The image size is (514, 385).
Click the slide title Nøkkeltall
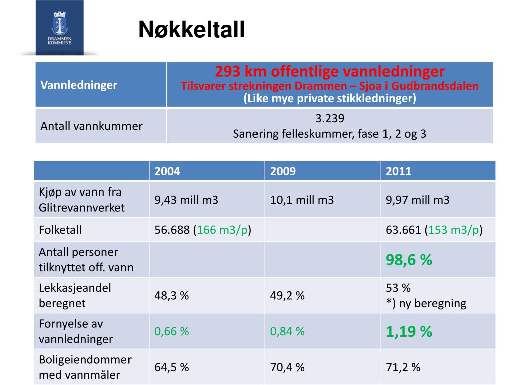click(x=191, y=30)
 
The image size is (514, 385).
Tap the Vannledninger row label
click(x=79, y=85)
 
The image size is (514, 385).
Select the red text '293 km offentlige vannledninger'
click(x=330, y=71)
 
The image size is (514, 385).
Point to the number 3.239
click(x=330, y=119)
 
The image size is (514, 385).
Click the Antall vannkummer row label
click(x=91, y=126)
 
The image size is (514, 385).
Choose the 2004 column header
click(x=167, y=171)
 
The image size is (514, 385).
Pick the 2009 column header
click(x=283, y=171)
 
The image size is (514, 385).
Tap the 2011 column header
click(x=398, y=171)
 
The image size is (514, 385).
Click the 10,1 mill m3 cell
click(x=302, y=200)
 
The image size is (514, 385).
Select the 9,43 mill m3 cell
click(x=186, y=200)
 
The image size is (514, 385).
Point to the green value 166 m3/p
click(x=222, y=230)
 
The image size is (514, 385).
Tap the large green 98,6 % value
click(x=409, y=260)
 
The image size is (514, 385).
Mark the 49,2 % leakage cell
click(x=287, y=295)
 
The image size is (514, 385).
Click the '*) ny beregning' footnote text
click(x=426, y=303)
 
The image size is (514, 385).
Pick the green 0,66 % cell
click(x=171, y=331)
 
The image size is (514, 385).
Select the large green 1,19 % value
click(x=409, y=331)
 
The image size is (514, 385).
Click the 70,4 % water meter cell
click(x=287, y=367)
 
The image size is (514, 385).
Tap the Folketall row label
click(x=60, y=230)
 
